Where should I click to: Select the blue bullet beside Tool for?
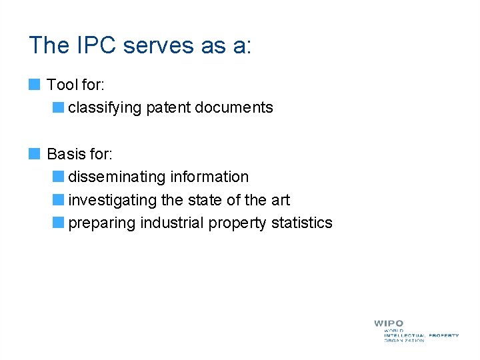click(35, 85)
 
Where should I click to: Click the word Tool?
click(63, 85)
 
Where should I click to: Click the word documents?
click(234, 107)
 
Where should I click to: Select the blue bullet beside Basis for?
click(35, 154)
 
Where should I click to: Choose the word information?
click(209, 177)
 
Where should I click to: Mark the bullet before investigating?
click(59, 200)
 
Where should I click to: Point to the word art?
click(280, 200)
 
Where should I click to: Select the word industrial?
click(172, 223)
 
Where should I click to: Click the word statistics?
click(301, 223)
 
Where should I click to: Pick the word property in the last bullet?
click(237, 223)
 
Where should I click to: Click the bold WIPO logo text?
click(389, 323)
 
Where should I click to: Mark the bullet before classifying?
click(59, 107)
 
